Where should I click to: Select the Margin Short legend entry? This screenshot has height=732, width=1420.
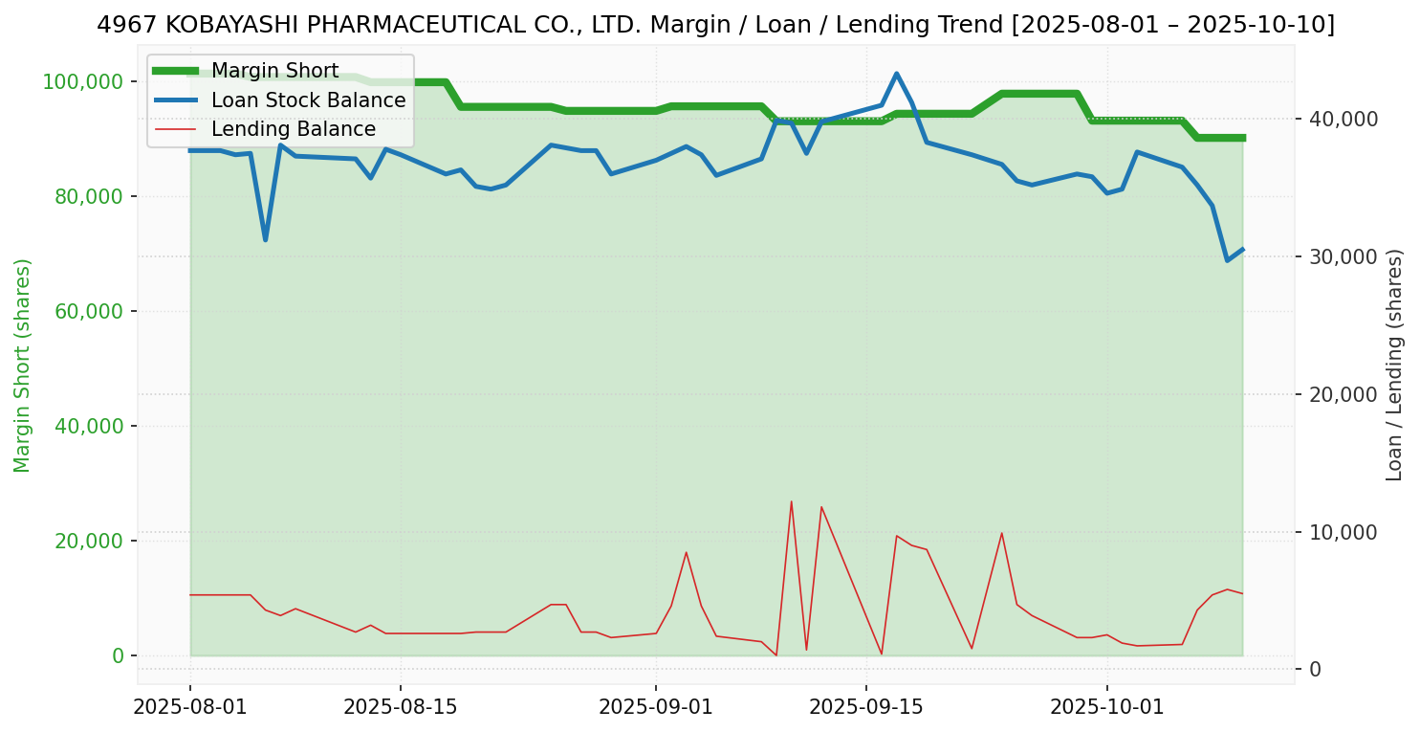coord(274,71)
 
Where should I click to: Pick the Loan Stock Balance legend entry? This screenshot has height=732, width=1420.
coord(308,100)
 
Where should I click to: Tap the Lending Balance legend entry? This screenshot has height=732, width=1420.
coord(293,129)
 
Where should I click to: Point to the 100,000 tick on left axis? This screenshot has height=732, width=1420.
coord(83,81)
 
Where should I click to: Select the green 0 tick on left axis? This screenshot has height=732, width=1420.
coord(119,655)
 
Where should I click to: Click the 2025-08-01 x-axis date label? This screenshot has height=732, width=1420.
coord(190,707)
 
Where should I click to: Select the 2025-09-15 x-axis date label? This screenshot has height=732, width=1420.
coord(866,707)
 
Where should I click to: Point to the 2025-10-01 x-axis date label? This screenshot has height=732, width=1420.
coord(1107,707)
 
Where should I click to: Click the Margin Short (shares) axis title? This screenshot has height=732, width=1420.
coord(23,366)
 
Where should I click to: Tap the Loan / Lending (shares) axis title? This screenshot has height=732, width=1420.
coord(1394,366)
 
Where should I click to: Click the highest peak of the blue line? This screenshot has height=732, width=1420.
coord(896,74)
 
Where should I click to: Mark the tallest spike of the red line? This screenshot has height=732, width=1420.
coord(791,501)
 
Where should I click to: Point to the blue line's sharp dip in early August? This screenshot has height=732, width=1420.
coord(265,239)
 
